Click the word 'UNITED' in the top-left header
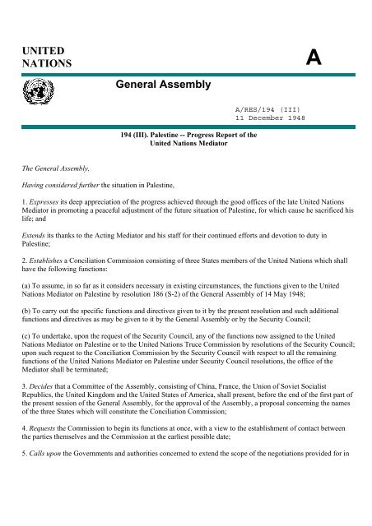(41, 51)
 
